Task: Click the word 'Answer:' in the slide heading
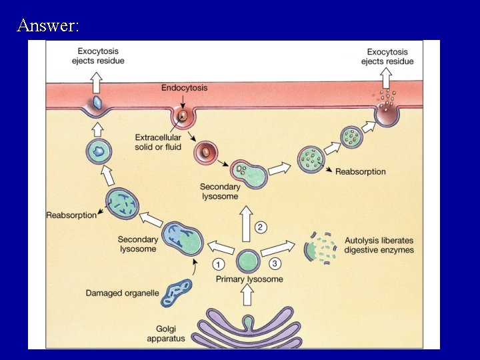pyautogui.click(x=49, y=26)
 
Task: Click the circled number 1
pyautogui.click(x=219, y=263)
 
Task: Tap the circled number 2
pyautogui.click(x=261, y=228)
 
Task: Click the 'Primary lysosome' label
pyautogui.click(x=249, y=279)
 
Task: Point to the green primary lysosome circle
pyautogui.click(x=248, y=261)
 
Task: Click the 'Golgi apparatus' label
pyautogui.click(x=166, y=334)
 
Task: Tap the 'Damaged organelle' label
pyautogui.click(x=122, y=293)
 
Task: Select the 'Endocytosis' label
pyautogui.click(x=184, y=87)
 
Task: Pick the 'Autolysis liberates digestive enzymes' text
pyautogui.click(x=379, y=245)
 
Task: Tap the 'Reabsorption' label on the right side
pyautogui.click(x=360, y=171)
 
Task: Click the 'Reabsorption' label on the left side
pyautogui.click(x=71, y=215)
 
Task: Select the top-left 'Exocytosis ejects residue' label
pyautogui.click(x=99, y=56)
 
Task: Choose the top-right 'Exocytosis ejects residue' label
pyautogui.click(x=387, y=56)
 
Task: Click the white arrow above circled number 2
pyautogui.click(x=247, y=214)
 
